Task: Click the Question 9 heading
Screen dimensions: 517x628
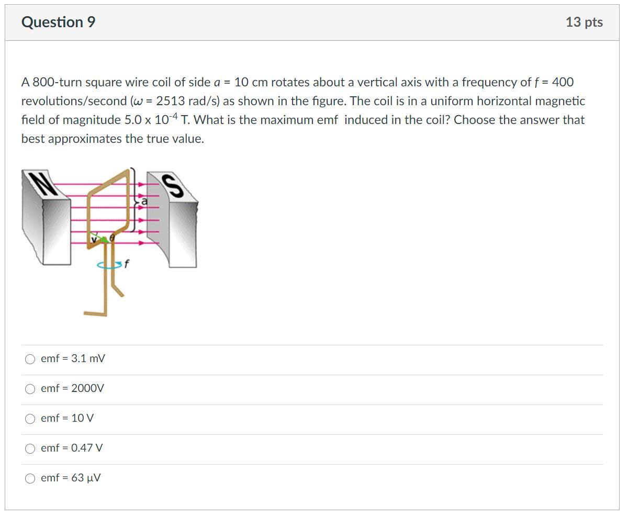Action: pyautogui.click(x=58, y=23)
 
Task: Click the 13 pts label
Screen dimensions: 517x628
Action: pyautogui.click(x=584, y=23)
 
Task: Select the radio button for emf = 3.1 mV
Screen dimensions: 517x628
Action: pyautogui.click(x=31, y=359)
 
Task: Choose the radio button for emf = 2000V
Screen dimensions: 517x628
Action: pyautogui.click(x=31, y=389)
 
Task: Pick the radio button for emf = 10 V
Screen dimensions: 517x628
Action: pyautogui.click(x=31, y=419)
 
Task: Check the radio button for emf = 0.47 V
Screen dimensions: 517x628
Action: pyautogui.click(x=31, y=448)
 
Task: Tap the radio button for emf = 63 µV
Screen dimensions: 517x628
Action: pyautogui.click(x=31, y=478)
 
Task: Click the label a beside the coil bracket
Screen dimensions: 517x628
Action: pyautogui.click(x=144, y=201)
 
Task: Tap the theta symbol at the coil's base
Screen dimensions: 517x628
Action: pyautogui.click(x=112, y=237)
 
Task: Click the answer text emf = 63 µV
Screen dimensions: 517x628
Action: pyautogui.click(x=71, y=478)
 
